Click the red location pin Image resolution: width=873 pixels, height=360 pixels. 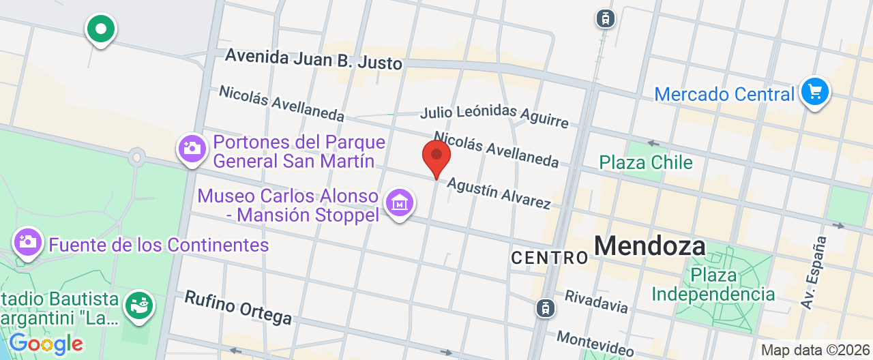[x=436, y=157]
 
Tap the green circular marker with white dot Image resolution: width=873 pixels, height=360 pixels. [x=101, y=29]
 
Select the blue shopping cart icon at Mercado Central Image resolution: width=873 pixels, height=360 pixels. [x=814, y=91]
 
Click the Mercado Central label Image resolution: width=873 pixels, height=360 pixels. [x=724, y=94]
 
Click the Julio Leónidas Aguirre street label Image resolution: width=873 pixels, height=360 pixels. [x=494, y=117]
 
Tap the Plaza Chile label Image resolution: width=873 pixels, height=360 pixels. [x=645, y=162]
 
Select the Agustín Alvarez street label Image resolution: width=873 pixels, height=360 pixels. [x=498, y=193]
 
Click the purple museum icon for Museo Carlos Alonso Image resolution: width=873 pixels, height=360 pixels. [x=400, y=202]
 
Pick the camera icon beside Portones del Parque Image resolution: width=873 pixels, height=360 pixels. [x=192, y=148]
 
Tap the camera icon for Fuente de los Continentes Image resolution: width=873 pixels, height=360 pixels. [x=28, y=241]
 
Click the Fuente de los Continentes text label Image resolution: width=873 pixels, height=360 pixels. [x=159, y=244]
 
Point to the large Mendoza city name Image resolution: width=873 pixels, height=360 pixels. [x=649, y=245]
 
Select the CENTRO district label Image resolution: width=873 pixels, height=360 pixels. [x=549, y=257]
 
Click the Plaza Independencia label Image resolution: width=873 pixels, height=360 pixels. [x=713, y=285]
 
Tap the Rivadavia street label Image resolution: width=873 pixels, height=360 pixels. [x=596, y=301]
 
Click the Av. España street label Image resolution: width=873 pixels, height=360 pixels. [x=814, y=273]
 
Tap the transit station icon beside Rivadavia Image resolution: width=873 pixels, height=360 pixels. [x=545, y=308]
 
